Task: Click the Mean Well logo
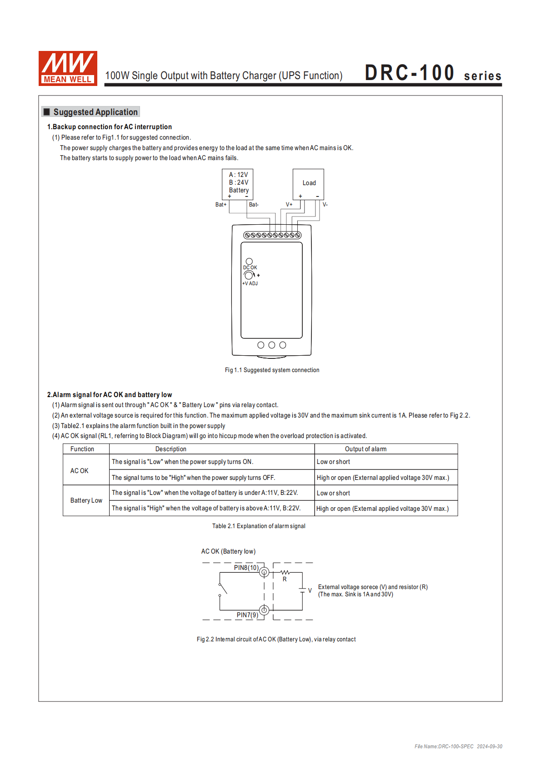[68, 68]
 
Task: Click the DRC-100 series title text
[433, 73]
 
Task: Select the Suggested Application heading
[95, 112]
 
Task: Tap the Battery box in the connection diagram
[237, 184]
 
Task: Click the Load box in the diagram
[309, 183]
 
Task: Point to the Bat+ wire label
[221, 205]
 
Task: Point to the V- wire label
[325, 205]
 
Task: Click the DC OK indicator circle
[249, 262]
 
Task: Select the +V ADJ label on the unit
[250, 283]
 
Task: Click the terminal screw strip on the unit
[272, 235]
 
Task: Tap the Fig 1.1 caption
[272, 370]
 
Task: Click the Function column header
[82, 449]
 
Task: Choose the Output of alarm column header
[366, 449]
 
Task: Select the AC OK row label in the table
[80, 471]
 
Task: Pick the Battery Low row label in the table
[86, 500]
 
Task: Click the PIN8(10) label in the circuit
[246, 568]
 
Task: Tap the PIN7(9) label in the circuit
[247, 615]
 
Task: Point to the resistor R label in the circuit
[285, 580]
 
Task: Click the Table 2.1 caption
[259, 526]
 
